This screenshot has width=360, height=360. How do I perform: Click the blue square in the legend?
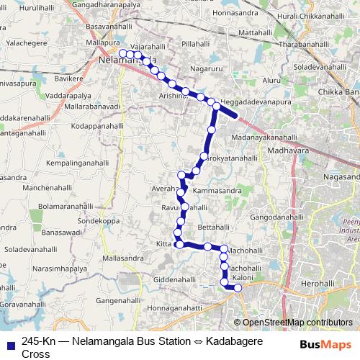click(9, 343)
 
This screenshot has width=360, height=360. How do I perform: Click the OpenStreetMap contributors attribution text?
click(297, 323)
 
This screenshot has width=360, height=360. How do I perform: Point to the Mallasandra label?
click(124, 258)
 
